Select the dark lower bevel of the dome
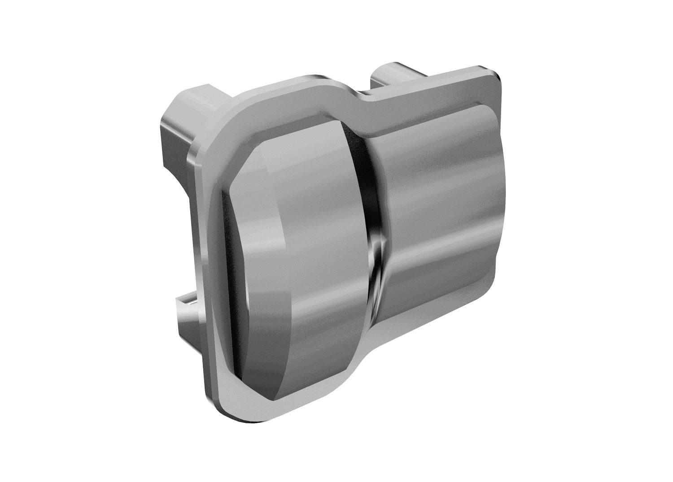click(x=269, y=381)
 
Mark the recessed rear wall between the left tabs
click(x=179, y=202)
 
